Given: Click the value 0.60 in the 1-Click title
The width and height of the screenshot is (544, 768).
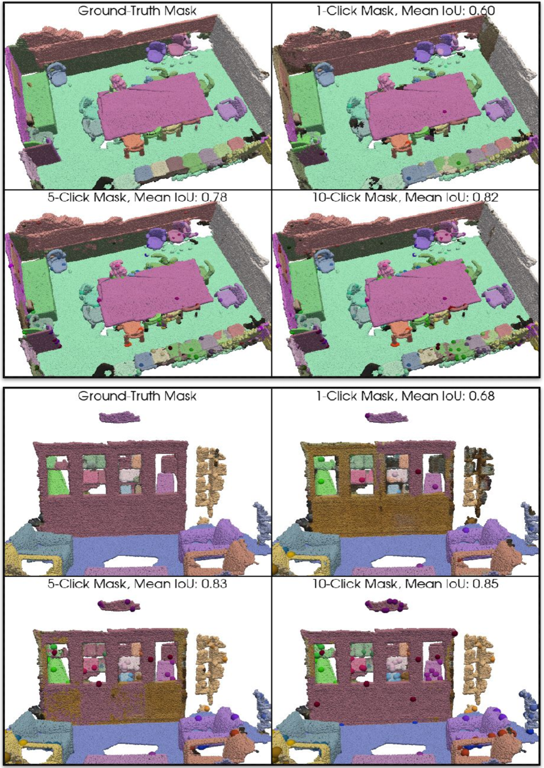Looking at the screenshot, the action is tap(481, 10).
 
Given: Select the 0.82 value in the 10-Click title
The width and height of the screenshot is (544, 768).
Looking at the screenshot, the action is tap(484, 197).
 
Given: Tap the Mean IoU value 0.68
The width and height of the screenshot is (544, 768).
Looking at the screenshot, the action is tap(481, 396).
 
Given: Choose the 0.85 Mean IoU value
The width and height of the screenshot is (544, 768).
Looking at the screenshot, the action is tap(484, 583).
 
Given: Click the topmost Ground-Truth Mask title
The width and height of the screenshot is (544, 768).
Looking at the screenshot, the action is tap(137, 10).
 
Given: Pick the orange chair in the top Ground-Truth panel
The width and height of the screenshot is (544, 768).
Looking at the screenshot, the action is tap(133, 144).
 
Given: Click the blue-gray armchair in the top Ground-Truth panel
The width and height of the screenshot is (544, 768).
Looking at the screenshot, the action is tap(57, 75).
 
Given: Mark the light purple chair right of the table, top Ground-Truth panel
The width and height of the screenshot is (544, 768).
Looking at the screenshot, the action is tap(231, 108).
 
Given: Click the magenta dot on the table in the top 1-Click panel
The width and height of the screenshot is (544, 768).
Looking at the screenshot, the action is tap(445, 111).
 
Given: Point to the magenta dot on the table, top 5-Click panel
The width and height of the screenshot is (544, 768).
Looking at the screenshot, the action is tap(177, 299).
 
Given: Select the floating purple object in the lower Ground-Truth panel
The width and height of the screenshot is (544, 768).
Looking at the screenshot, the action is tap(119, 417).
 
